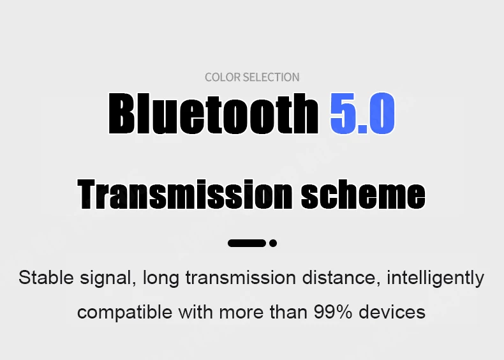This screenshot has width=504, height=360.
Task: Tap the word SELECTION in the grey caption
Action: (x=271, y=77)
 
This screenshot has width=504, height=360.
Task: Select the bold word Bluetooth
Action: (x=214, y=113)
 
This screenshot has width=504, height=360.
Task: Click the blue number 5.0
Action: (x=362, y=113)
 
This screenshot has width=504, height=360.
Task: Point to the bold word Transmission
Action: (x=185, y=194)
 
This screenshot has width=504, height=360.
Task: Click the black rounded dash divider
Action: (x=247, y=243)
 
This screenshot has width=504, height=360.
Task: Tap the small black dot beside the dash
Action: (x=273, y=243)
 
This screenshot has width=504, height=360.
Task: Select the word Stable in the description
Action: (x=46, y=277)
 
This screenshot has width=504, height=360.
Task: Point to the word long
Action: (x=161, y=278)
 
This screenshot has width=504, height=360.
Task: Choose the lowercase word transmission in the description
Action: (x=241, y=277)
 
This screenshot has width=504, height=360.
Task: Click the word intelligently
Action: (x=436, y=278)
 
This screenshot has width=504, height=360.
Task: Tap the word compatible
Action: (x=124, y=313)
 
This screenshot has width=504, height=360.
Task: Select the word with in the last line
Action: (x=195, y=312)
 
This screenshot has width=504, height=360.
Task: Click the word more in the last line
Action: (x=241, y=313)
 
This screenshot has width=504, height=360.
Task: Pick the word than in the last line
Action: (x=288, y=312)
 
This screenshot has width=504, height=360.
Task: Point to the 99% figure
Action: (x=333, y=312)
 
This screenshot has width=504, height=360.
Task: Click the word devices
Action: (x=392, y=312)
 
